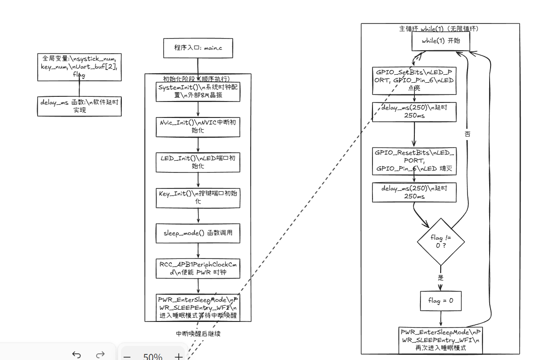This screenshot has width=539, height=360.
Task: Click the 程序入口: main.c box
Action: [x=198, y=48]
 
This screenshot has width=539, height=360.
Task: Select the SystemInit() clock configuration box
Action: [x=198, y=92]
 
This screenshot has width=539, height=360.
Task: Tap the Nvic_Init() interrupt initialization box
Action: [x=198, y=126]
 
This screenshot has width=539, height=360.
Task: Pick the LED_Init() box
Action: [x=198, y=162]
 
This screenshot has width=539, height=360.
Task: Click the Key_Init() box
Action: [x=198, y=197]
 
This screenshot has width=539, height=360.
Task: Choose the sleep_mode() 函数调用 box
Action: [x=198, y=233]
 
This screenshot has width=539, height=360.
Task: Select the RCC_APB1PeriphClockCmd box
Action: [x=198, y=268]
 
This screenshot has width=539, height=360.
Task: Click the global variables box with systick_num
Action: [x=79, y=66]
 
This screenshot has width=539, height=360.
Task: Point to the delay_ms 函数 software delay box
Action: [x=79, y=106]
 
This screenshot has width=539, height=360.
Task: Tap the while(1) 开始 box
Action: [x=441, y=41]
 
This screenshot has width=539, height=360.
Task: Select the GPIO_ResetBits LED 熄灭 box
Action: [x=414, y=161]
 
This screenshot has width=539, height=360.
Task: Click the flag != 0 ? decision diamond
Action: [x=441, y=242]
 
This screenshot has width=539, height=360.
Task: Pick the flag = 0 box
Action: [x=441, y=301]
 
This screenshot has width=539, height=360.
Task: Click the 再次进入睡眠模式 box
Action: [x=441, y=340]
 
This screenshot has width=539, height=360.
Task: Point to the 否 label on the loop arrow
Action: [x=468, y=134]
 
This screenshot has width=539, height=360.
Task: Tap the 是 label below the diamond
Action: [x=441, y=278]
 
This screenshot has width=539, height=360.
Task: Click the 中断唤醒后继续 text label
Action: [x=198, y=334]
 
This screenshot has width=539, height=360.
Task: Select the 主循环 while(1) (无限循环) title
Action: [x=439, y=29]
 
